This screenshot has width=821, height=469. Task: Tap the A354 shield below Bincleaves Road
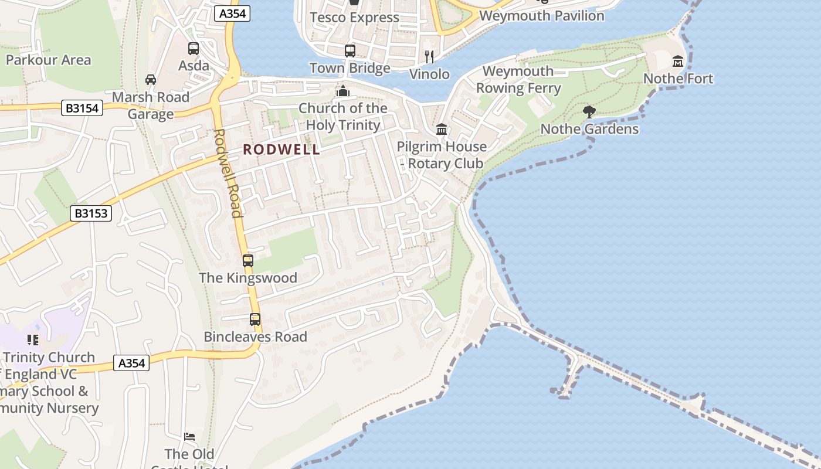coord(131,363)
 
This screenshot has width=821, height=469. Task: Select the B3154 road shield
coord(82,108)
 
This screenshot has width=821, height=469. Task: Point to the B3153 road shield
coord(92,213)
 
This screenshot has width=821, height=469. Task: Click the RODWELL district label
coord(281,149)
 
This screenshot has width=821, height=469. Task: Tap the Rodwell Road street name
coord(228,173)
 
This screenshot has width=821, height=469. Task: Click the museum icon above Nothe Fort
coord(678,61)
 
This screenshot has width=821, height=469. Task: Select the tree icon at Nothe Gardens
coord(589,111)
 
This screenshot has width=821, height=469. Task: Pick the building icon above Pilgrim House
coord(442,129)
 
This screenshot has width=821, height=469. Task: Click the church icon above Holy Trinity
coord(343,91)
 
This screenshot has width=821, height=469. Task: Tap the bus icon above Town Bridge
coord(350,50)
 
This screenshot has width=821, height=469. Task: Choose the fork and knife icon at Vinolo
coord(429,56)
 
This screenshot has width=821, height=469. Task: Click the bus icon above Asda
coord(194,48)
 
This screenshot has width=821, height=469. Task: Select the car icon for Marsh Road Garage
coord(151,79)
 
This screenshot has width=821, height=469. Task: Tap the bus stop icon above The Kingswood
coord(248,260)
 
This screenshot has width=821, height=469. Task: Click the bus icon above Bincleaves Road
coord(255,320)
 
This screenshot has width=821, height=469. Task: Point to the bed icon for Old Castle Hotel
coord(189,437)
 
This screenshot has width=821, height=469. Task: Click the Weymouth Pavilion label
coord(541,16)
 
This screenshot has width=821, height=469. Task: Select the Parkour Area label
coord(49,60)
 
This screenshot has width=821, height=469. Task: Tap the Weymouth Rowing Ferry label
coord(518,80)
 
